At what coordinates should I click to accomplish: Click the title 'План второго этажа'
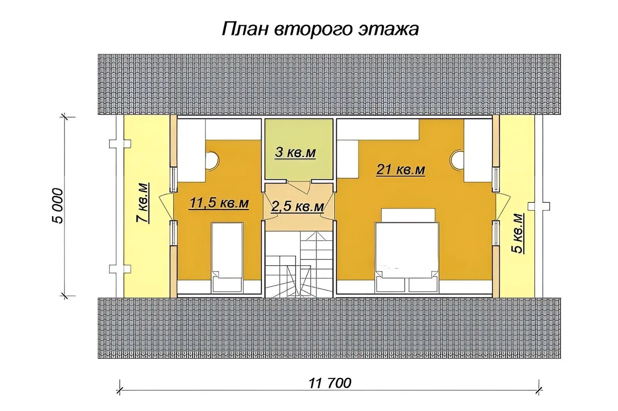coord(320,29)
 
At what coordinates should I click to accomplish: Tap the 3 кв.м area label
coord(295,152)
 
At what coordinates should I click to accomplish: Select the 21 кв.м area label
coord(400,169)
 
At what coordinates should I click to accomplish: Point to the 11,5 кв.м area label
coord(219,204)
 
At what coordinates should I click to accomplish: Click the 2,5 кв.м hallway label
coord(297,206)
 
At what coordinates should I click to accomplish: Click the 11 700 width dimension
coord(330,383)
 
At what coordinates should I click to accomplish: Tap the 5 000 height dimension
coord(57,205)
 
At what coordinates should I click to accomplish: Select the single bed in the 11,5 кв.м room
coord(227,258)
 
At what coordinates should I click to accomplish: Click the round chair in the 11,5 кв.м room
coord(213,160)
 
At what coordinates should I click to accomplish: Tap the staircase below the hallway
coord(299,264)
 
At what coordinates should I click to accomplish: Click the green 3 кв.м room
coord(299,149)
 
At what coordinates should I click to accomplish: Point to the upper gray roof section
coord(329,84)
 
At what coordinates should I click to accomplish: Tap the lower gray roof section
coord(329,328)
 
